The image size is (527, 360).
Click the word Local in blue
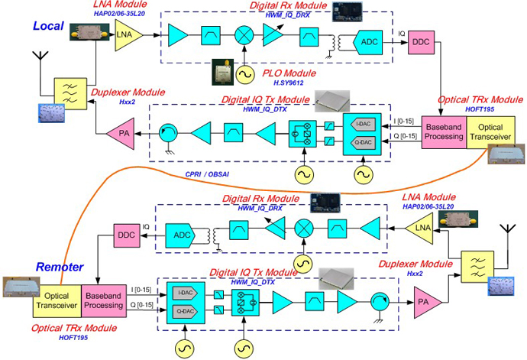52,27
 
